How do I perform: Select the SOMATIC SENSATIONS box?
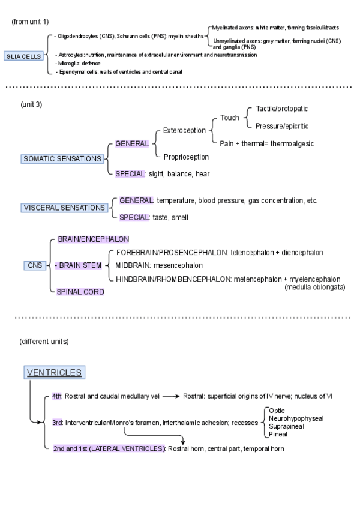coord(62,159)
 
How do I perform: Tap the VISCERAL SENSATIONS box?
coord(63,208)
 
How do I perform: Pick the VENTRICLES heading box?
coord(54,372)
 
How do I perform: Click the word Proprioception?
coord(186,157)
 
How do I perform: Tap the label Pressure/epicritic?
coord(282,126)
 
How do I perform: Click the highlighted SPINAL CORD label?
coord(81,292)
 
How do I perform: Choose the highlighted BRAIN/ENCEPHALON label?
coord(93,239)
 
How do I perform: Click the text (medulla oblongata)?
coord(314,288)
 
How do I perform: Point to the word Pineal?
coord(278,434)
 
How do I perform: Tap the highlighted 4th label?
coord(57,397)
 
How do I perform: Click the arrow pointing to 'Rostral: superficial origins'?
coord(170,397)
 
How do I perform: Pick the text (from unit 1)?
coord(31,22)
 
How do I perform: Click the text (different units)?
coord(44,342)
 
